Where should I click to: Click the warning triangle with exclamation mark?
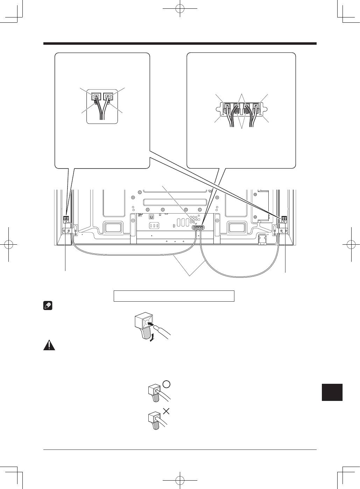pos(49,345)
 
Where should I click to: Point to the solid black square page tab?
pos(332,392)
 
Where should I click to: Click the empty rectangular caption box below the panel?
pos(174,296)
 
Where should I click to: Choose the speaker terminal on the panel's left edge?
pos(66,219)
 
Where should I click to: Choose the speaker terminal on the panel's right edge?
pos(284,219)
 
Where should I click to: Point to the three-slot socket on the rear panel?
pos(154,225)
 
